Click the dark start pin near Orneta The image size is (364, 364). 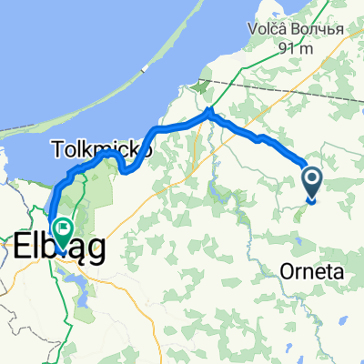[311, 182]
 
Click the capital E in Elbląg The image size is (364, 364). [24, 246]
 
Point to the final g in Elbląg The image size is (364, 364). [95, 249]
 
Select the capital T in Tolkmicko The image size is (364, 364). [56, 147]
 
